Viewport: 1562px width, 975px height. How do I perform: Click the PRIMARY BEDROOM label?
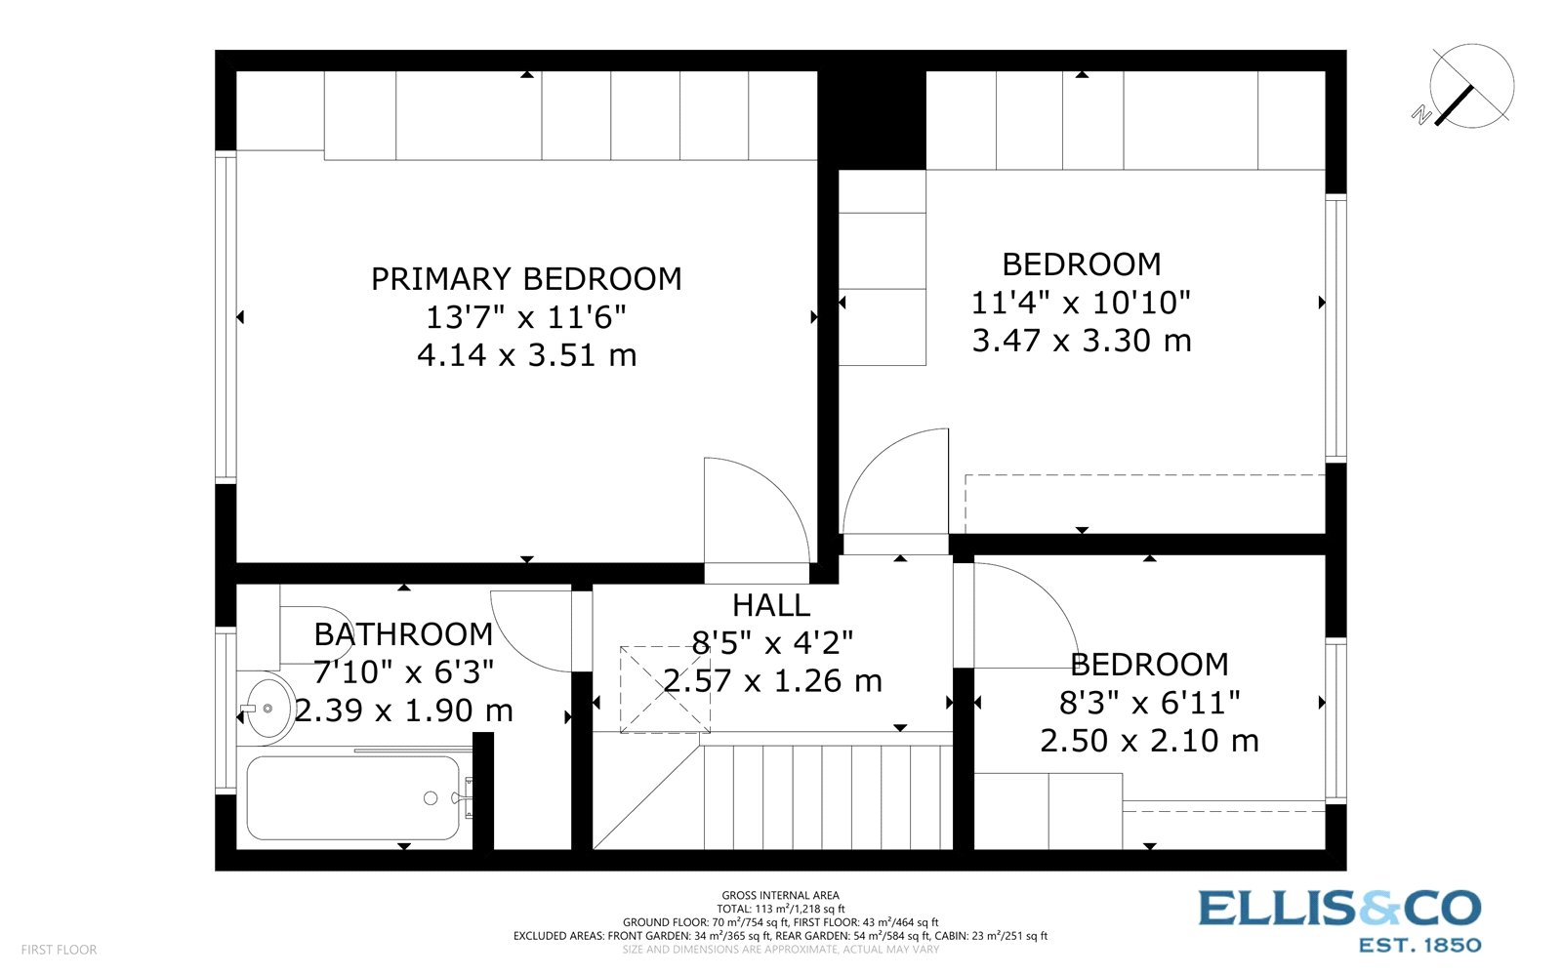click(526, 279)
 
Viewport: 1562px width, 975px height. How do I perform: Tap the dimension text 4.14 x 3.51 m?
click(526, 355)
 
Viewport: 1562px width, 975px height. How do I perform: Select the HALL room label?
click(770, 605)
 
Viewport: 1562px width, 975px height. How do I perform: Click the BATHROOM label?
click(403, 634)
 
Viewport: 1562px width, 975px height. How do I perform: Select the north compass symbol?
click(1469, 87)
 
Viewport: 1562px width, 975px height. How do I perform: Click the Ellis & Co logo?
click(1339, 919)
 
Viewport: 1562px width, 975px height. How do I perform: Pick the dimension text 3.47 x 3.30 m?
click(1082, 341)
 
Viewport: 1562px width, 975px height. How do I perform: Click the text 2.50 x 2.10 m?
click(1149, 741)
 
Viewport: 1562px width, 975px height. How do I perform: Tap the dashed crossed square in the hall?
click(665, 689)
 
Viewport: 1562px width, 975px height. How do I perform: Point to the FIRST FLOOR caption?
click(59, 950)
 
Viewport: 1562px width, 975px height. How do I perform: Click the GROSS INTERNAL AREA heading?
click(780, 895)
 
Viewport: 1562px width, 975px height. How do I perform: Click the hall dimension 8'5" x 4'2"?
click(772, 643)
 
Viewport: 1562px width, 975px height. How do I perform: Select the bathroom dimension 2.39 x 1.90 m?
click(403, 711)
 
